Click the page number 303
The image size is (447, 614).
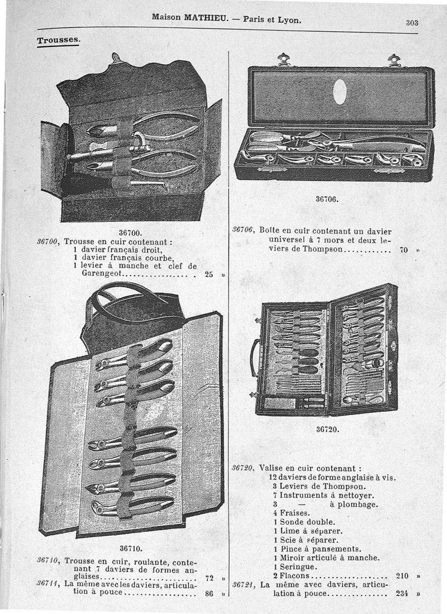coord(412,23)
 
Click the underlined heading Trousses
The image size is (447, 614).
coord(58,40)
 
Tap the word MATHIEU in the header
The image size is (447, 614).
coord(206,18)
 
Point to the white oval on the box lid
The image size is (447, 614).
coord(340,92)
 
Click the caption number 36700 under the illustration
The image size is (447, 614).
coord(130,233)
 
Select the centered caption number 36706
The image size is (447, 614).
coord(327,199)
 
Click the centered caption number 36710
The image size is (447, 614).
coord(131,549)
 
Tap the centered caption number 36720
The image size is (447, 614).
coord(327,429)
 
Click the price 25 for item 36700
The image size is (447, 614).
coord(209,274)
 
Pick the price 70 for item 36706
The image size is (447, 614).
coord(404,249)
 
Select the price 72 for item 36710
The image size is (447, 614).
coord(209,578)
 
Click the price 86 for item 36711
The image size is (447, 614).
coord(209,594)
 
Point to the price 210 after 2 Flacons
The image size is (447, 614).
coord(402,576)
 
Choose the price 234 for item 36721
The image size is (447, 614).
coord(402,593)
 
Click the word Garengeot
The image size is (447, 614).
coord(102,273)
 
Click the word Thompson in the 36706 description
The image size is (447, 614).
coord(322,249)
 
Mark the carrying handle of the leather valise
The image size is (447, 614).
coord(255,357)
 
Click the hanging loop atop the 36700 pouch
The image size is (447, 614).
coord(115,58)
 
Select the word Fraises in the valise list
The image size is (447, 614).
coord(294,513)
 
